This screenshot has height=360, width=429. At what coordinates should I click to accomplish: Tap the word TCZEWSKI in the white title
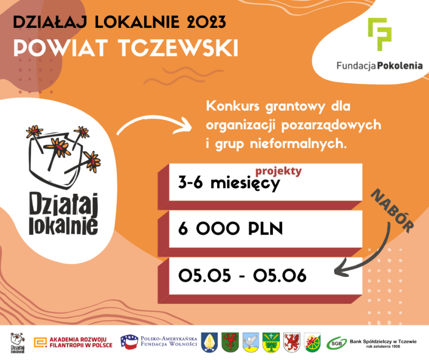(178, 48)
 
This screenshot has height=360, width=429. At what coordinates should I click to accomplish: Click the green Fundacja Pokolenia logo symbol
(380, 34)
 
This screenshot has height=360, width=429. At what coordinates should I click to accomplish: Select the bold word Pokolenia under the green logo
(400, 65)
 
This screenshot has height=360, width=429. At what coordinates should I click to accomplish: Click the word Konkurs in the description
(233, 106)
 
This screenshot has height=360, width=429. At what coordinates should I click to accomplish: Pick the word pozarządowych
(331, 126)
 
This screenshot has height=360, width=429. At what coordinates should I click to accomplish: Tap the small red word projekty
(278, 171)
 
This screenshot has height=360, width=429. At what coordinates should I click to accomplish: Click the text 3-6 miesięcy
(229, 183)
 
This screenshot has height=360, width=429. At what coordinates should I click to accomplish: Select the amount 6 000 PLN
(231, 229)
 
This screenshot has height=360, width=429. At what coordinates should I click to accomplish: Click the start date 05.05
(205, 275)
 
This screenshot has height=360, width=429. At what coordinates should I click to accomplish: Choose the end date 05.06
(279, 275)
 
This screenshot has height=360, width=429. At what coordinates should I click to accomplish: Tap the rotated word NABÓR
(392, 211)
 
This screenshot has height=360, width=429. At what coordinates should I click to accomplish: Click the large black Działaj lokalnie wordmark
(63, 214)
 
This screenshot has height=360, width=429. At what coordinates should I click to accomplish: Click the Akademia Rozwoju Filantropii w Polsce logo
(73, 342)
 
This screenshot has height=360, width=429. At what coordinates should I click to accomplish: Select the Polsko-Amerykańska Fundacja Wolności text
(169, 341)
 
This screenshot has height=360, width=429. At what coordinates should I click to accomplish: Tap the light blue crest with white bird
(250, 342)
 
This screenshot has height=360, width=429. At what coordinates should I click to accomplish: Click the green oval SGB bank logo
(337, 343)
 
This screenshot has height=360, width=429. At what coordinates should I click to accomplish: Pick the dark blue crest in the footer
(209, 342)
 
